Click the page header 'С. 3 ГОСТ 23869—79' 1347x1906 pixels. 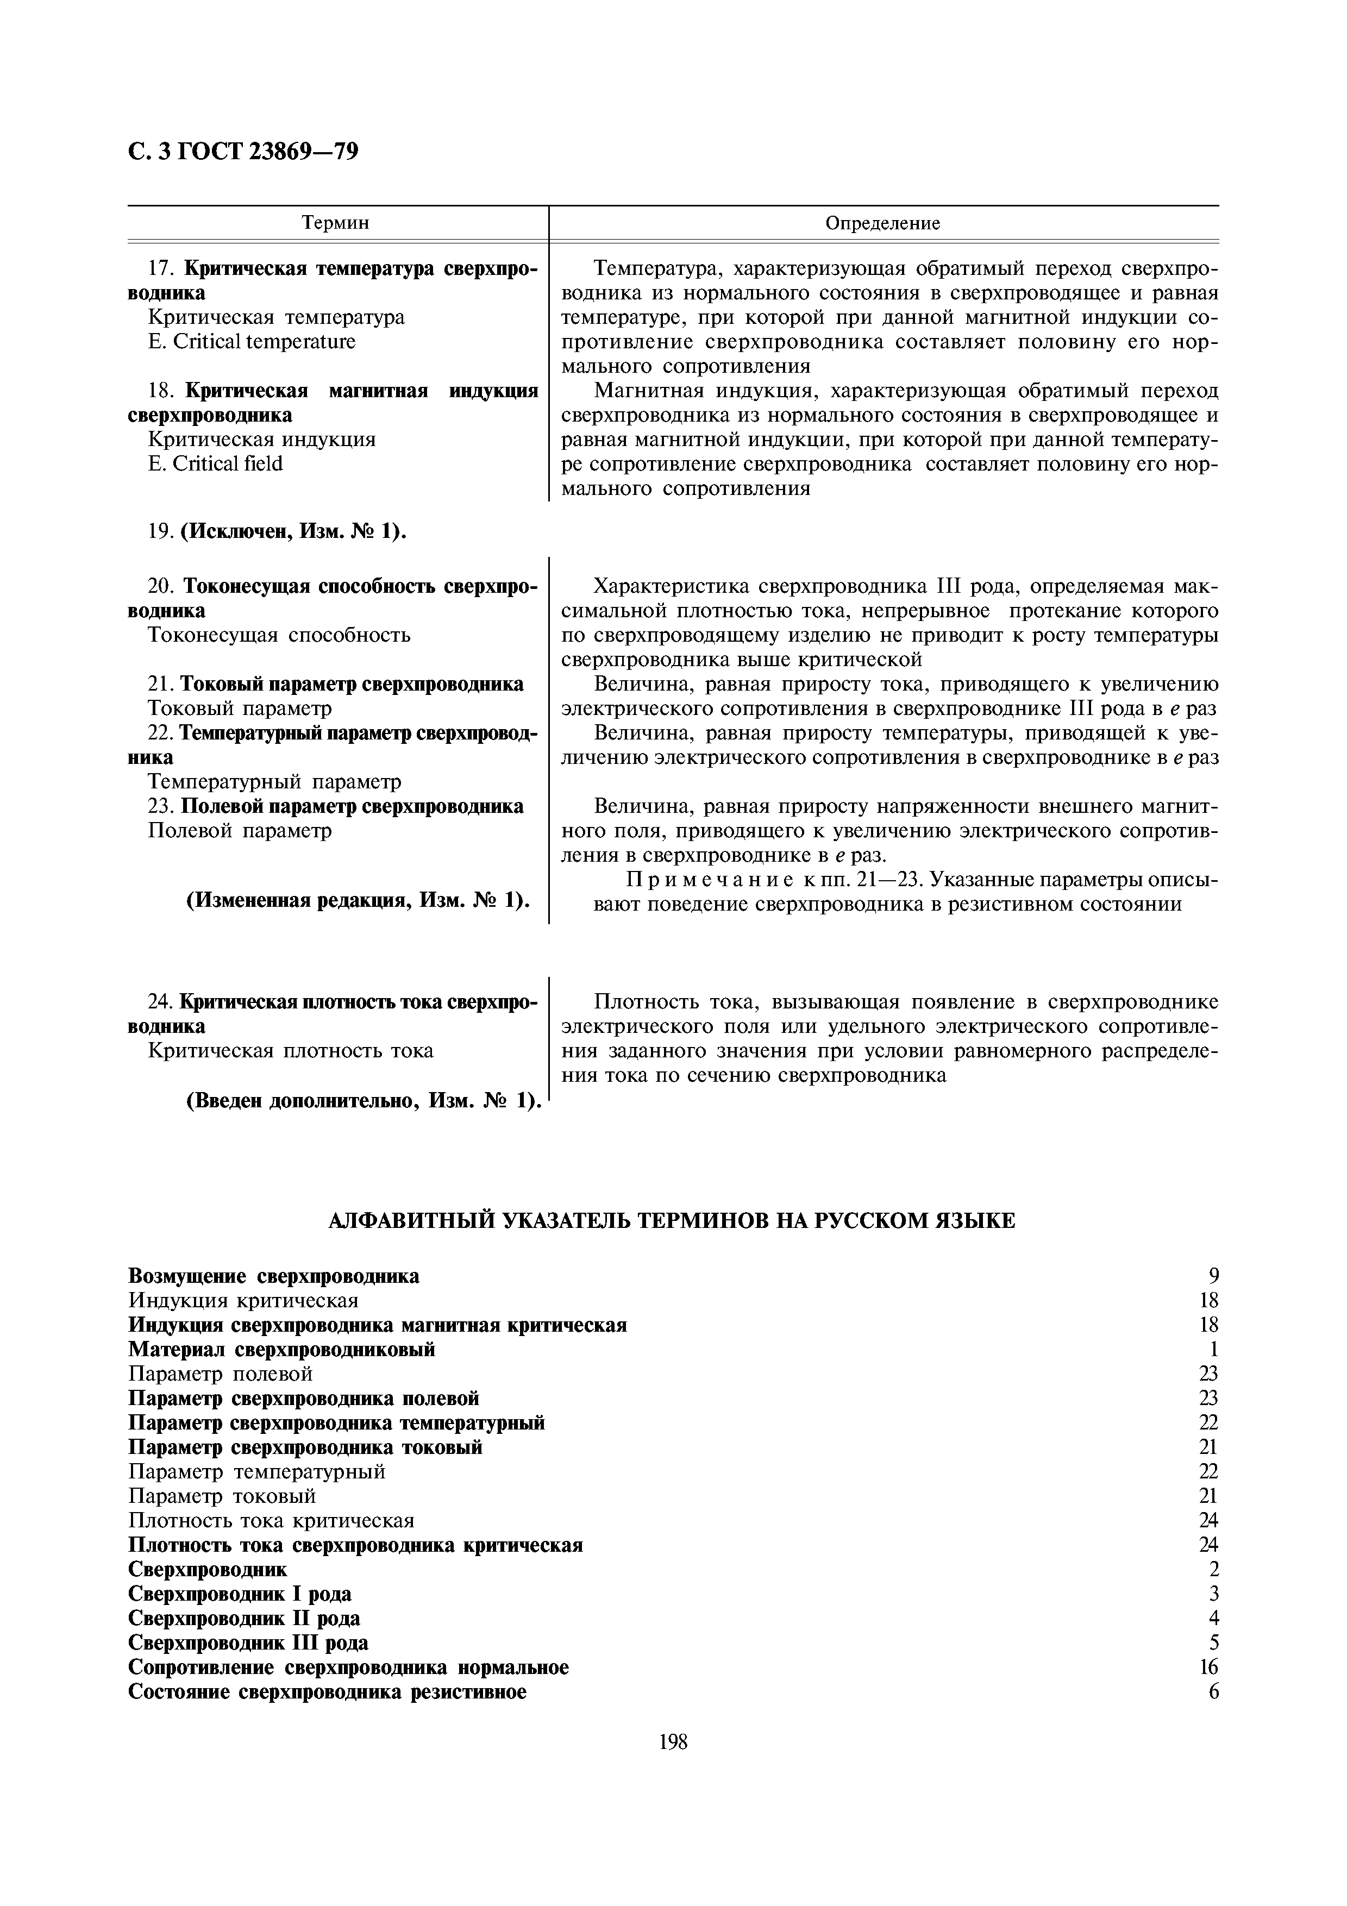pos(243,152)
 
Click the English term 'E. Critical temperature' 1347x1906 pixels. pos(252,342)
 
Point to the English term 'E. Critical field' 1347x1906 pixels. pos(215,464)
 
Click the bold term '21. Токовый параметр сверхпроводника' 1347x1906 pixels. pos(335,684)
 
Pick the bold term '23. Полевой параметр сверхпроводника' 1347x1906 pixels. pos(335,806)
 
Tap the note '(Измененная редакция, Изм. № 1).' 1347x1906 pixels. pos(358,901)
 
